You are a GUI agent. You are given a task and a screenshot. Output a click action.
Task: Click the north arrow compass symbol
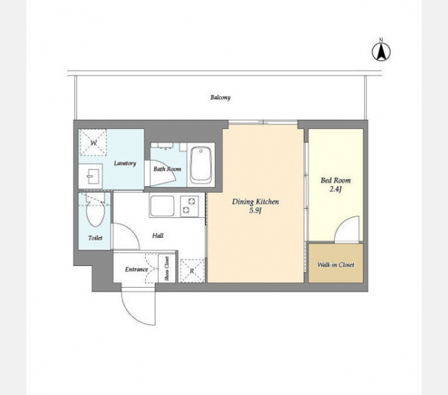coord(381,50)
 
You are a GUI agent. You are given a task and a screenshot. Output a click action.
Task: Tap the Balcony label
coord(221,98)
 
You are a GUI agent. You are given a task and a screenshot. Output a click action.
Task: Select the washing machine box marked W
coord(93,142)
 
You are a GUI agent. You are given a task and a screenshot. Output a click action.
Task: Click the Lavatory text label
coord(125,163)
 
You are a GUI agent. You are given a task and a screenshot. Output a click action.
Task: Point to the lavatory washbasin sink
coord(90,176)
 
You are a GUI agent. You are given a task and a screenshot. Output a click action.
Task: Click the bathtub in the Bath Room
coord(201,165)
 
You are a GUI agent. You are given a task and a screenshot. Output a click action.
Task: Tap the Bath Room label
coord(168,169)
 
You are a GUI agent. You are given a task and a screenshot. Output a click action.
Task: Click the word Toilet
coord(95,238)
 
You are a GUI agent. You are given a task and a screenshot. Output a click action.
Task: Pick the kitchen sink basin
coord(162,206)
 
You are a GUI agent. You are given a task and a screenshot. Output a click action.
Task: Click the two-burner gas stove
coord(189,205)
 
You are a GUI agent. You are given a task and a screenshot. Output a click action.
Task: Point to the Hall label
coord(158,236)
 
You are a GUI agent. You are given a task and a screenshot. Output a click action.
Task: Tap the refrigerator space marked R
coord(192,271)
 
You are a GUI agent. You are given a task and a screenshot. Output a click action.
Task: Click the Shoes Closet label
coord(166,269)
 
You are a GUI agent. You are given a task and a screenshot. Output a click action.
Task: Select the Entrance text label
coord(137,269)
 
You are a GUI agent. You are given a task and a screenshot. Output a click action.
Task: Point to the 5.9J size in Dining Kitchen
coord(256,211)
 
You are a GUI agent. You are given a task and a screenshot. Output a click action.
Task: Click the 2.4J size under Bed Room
coord(335,189)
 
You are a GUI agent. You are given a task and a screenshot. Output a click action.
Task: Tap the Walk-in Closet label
coord(336,264)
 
